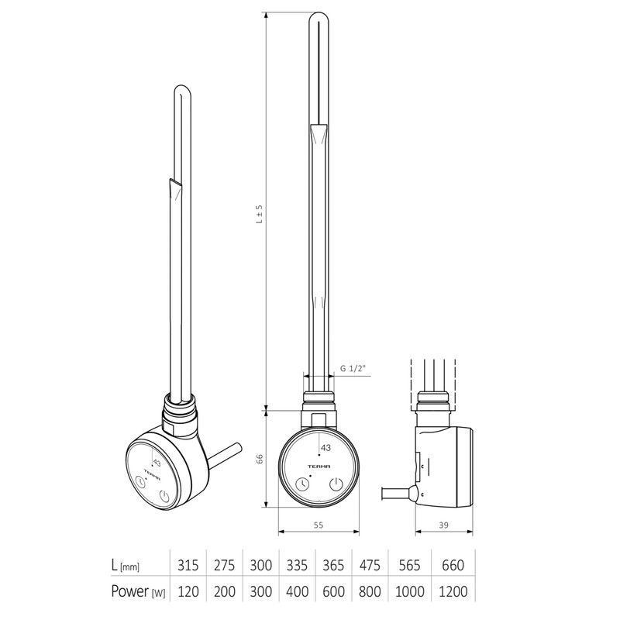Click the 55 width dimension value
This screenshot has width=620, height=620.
click(x=319, y=525)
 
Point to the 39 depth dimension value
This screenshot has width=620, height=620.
click(x=445, y=525)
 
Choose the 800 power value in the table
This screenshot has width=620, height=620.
click(x=370, y=591)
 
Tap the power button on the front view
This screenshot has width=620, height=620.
click(x=336, y=484)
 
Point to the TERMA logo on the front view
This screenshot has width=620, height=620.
click(x=319, y=467)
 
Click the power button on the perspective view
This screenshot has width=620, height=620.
click(x=165, y=496)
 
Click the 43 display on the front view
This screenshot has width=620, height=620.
click(x=325, y=448)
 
